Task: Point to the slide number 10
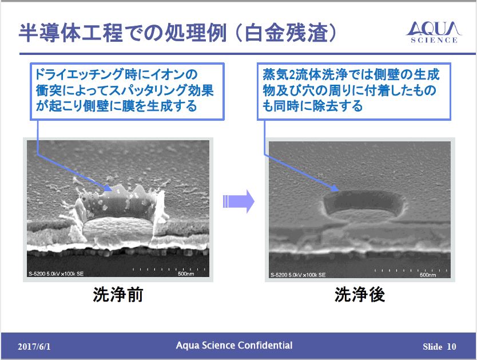point(452,346)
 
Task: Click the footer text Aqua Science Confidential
point(234,345)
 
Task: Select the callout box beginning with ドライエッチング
point(126,90)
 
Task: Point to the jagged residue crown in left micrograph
point(120,197)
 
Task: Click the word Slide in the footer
point(432,346)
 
